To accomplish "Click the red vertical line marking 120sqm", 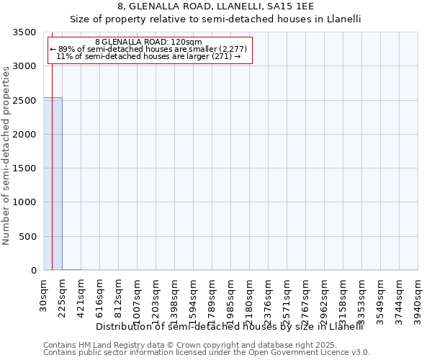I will click(x=52, y=151).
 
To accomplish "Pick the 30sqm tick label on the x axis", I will click(x=44, y=293).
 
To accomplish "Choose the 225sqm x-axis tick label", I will click(x=63, y=296).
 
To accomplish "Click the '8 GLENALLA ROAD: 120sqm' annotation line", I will click(x=148, y=42).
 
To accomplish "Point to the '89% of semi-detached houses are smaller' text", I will click(x=148, y=49).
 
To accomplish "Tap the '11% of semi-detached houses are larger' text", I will click(x=148, y=56).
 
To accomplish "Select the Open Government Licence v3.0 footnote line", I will click(x=207, y=353).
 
